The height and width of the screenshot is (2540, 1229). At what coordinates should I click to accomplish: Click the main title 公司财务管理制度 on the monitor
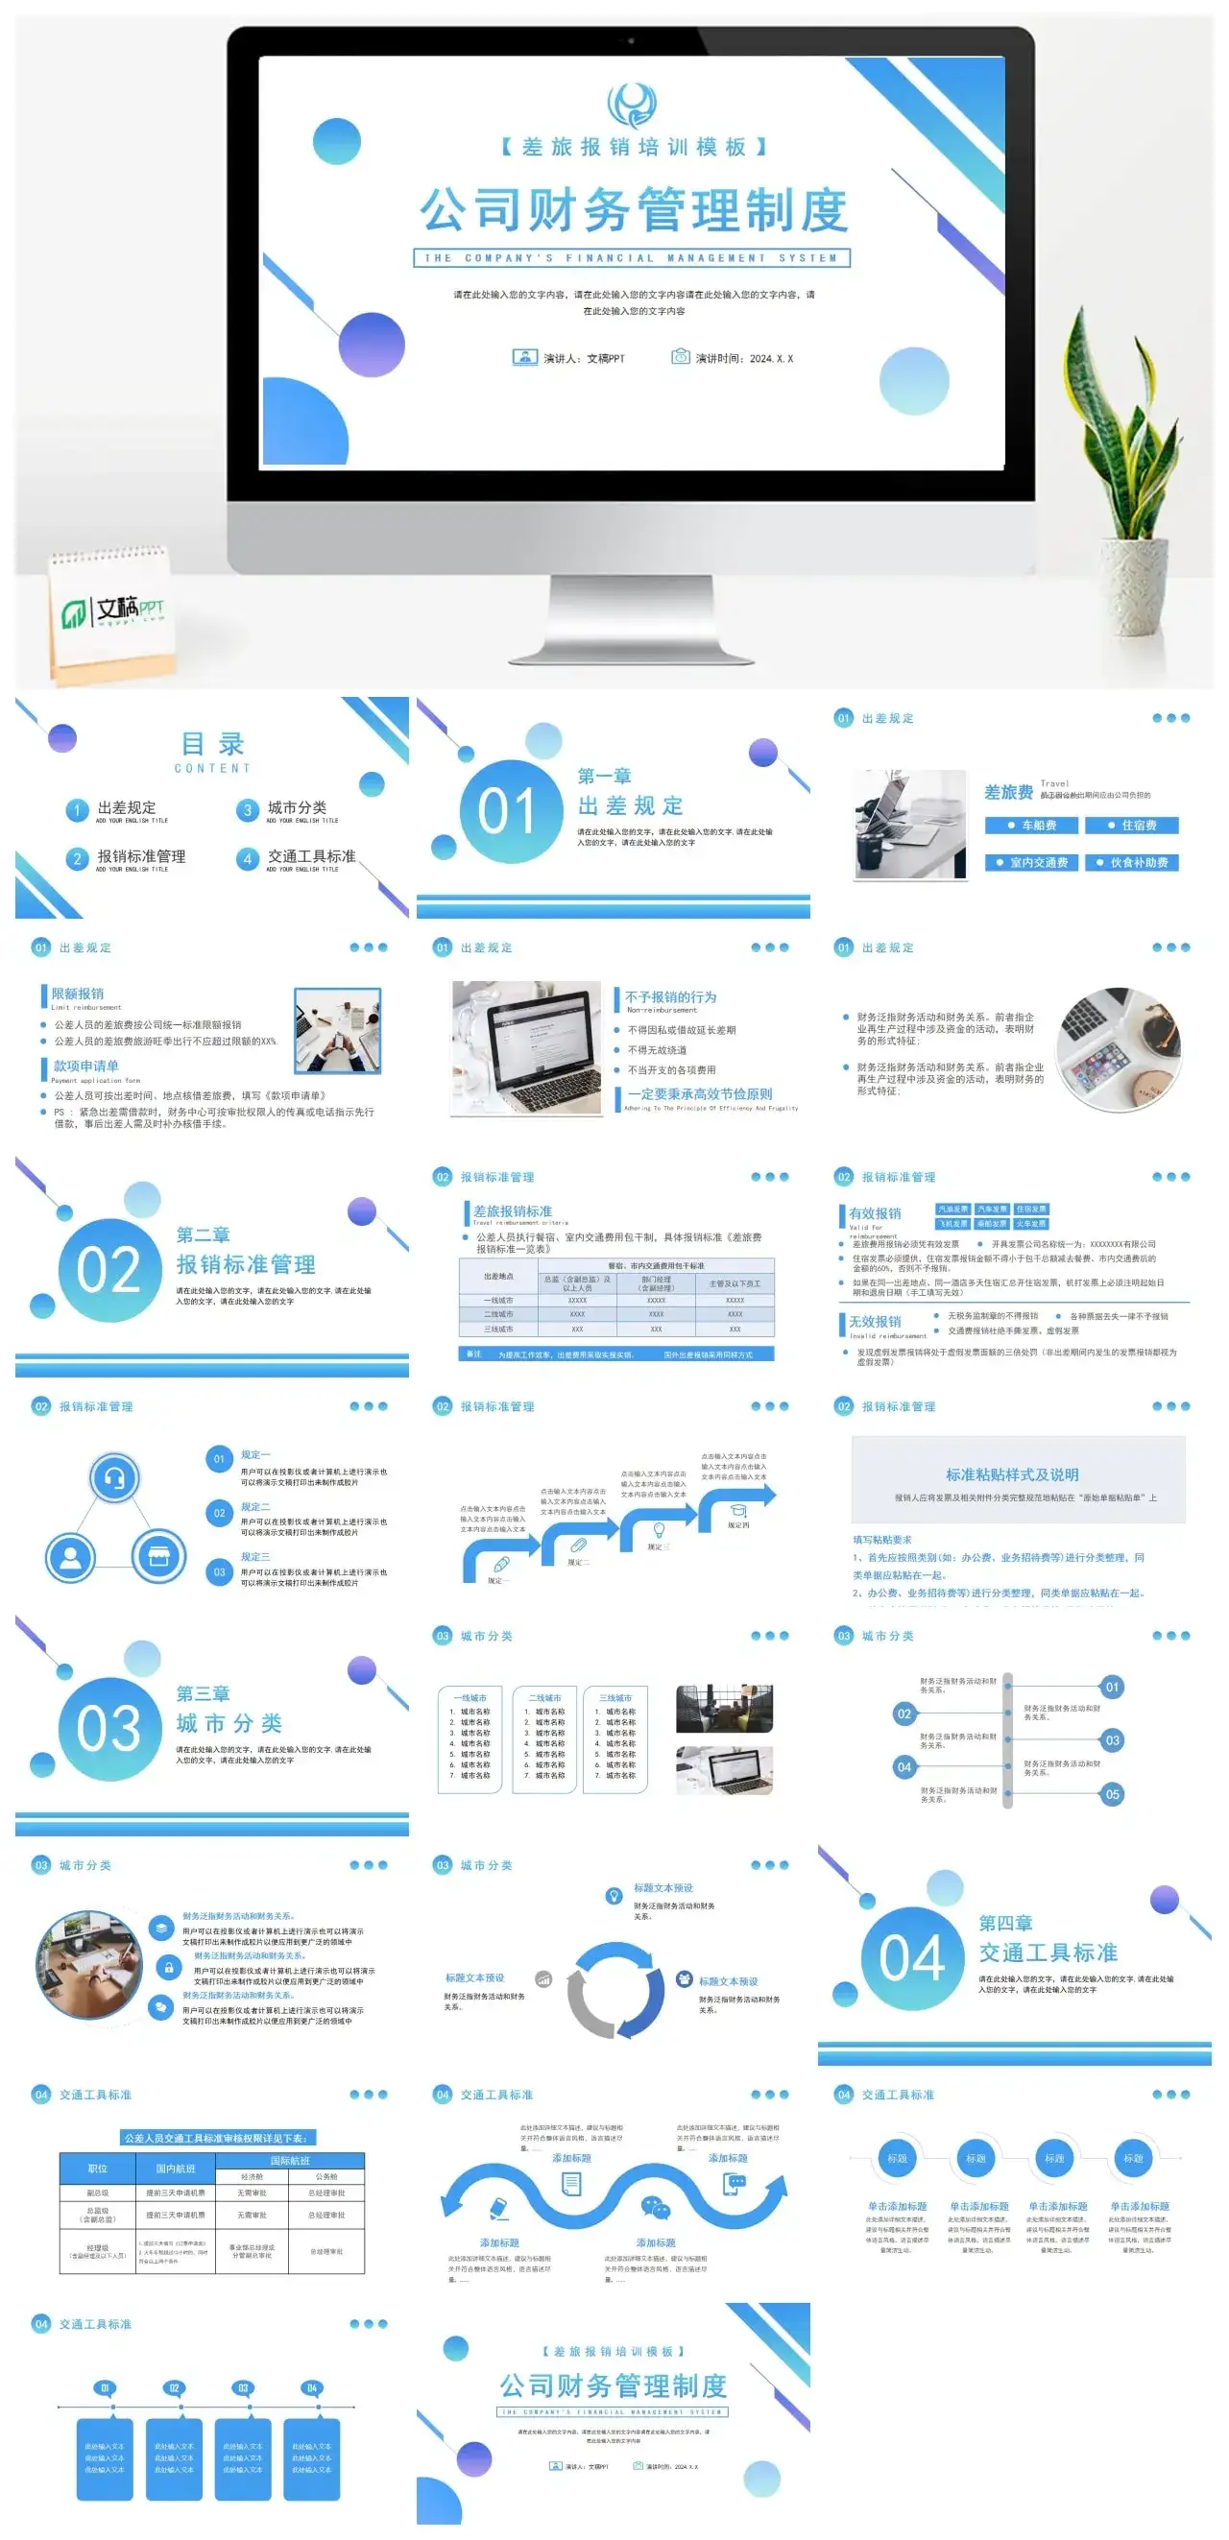point(632,209)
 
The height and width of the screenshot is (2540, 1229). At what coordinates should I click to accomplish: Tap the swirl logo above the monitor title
point(631,104)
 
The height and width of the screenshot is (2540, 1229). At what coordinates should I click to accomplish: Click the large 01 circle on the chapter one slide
point(510,810)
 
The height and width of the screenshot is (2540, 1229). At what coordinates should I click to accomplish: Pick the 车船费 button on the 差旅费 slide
point(1031,826)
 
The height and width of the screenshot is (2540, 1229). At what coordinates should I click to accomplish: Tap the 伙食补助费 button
point(1131,863)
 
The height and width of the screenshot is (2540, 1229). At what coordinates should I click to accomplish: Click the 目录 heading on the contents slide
point(212,745)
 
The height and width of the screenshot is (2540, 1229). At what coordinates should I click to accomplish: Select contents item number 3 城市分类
point(296,807)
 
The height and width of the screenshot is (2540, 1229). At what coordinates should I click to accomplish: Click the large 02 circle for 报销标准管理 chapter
point(109,1270)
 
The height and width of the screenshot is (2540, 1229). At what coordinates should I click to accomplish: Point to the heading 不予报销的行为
point(671,996)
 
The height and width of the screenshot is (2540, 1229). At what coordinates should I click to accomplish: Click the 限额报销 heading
point(77,993)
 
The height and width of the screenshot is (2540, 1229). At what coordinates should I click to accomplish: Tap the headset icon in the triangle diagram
point(114,1478)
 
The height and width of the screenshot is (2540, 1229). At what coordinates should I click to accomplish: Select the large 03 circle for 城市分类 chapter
point(109,1729)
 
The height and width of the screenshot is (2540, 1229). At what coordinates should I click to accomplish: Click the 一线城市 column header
point(470,1698)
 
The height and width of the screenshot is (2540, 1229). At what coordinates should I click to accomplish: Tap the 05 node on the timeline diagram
point(1112,1794)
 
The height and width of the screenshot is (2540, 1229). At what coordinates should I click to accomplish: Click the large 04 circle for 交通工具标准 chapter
point(911,1958)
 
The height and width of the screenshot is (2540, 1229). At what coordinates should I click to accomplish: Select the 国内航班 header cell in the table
point(176,2169)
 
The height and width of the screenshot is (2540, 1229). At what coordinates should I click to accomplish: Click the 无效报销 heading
point(875,1321)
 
